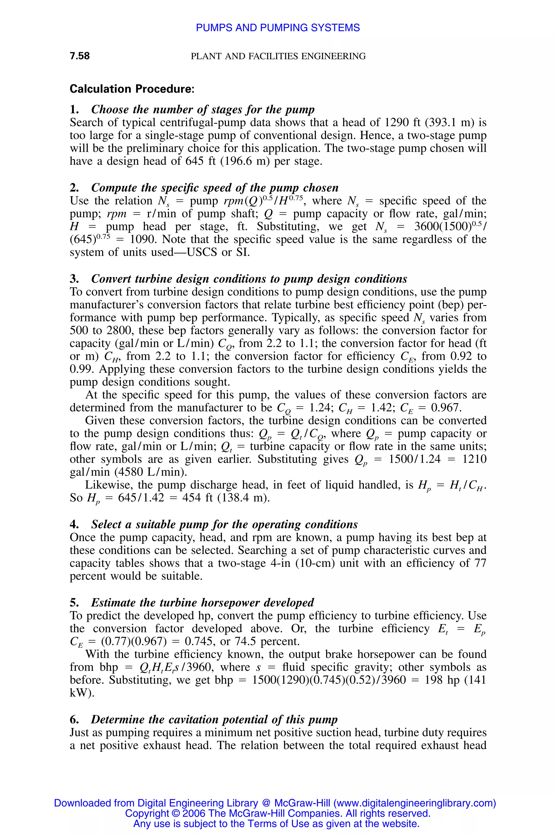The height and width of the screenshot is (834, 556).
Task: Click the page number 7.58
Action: [x=80, y=56]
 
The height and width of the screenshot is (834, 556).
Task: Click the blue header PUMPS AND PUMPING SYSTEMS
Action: [x=278, y=28]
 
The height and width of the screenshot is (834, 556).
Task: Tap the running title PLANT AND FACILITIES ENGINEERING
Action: [x=278, y=56]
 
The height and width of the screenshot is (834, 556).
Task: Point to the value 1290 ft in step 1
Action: [x=402, y=122]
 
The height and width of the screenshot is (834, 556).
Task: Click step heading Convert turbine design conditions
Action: [x=249, y=279]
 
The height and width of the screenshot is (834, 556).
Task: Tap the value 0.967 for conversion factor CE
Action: [x=446, y=408]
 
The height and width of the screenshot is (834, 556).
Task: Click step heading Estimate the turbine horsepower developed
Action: [x=202, y=602]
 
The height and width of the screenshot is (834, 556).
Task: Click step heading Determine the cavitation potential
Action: [x=214, y=719]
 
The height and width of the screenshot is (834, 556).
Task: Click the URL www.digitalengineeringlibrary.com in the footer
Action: [x=413, y=803]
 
